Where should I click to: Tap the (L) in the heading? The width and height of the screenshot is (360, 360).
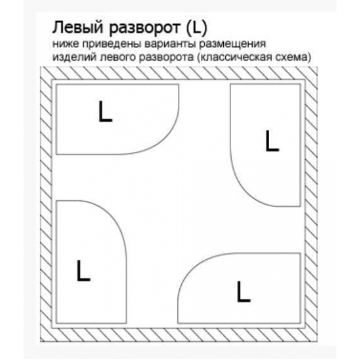click(196, 28)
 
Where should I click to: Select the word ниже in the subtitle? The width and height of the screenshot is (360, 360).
click(65, 44)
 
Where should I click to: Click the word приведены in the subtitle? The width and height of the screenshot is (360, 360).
click(112, 45)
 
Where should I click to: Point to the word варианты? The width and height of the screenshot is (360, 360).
click(170, 45)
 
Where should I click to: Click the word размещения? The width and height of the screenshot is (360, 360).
click(232, 45)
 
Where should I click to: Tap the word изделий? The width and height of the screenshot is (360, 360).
click(75, 58)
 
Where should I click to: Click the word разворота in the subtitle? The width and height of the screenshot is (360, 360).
click(166, 58)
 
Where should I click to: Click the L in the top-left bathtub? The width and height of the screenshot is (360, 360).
click(105, 111)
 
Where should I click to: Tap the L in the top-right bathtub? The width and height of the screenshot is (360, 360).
click(272, 141)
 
